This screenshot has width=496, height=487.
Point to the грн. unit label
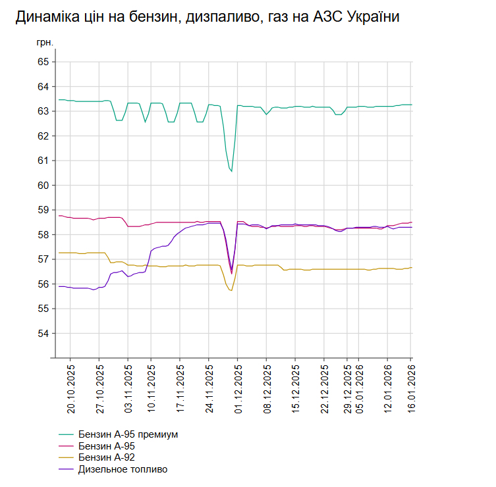[44, 43]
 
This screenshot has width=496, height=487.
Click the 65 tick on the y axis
[43, 62]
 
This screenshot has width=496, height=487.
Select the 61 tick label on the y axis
[43, 161]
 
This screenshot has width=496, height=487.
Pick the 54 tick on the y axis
[43, 334]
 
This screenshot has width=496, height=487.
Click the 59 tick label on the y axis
[43, 210]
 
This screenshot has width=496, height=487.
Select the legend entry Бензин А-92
[107, 457]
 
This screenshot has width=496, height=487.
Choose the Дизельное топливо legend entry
[123, 469]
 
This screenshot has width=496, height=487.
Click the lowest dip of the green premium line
[231, 171]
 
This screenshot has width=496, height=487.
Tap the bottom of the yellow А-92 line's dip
[231, 290]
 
